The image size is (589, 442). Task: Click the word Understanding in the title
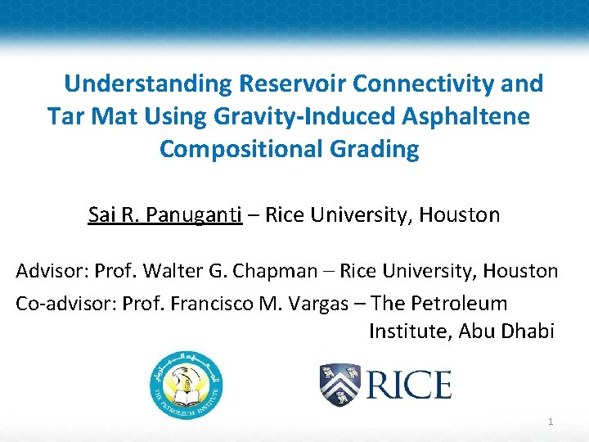coord(149,84)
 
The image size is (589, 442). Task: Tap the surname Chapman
coord(281,270)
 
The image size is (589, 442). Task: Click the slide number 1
coord(551,422)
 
